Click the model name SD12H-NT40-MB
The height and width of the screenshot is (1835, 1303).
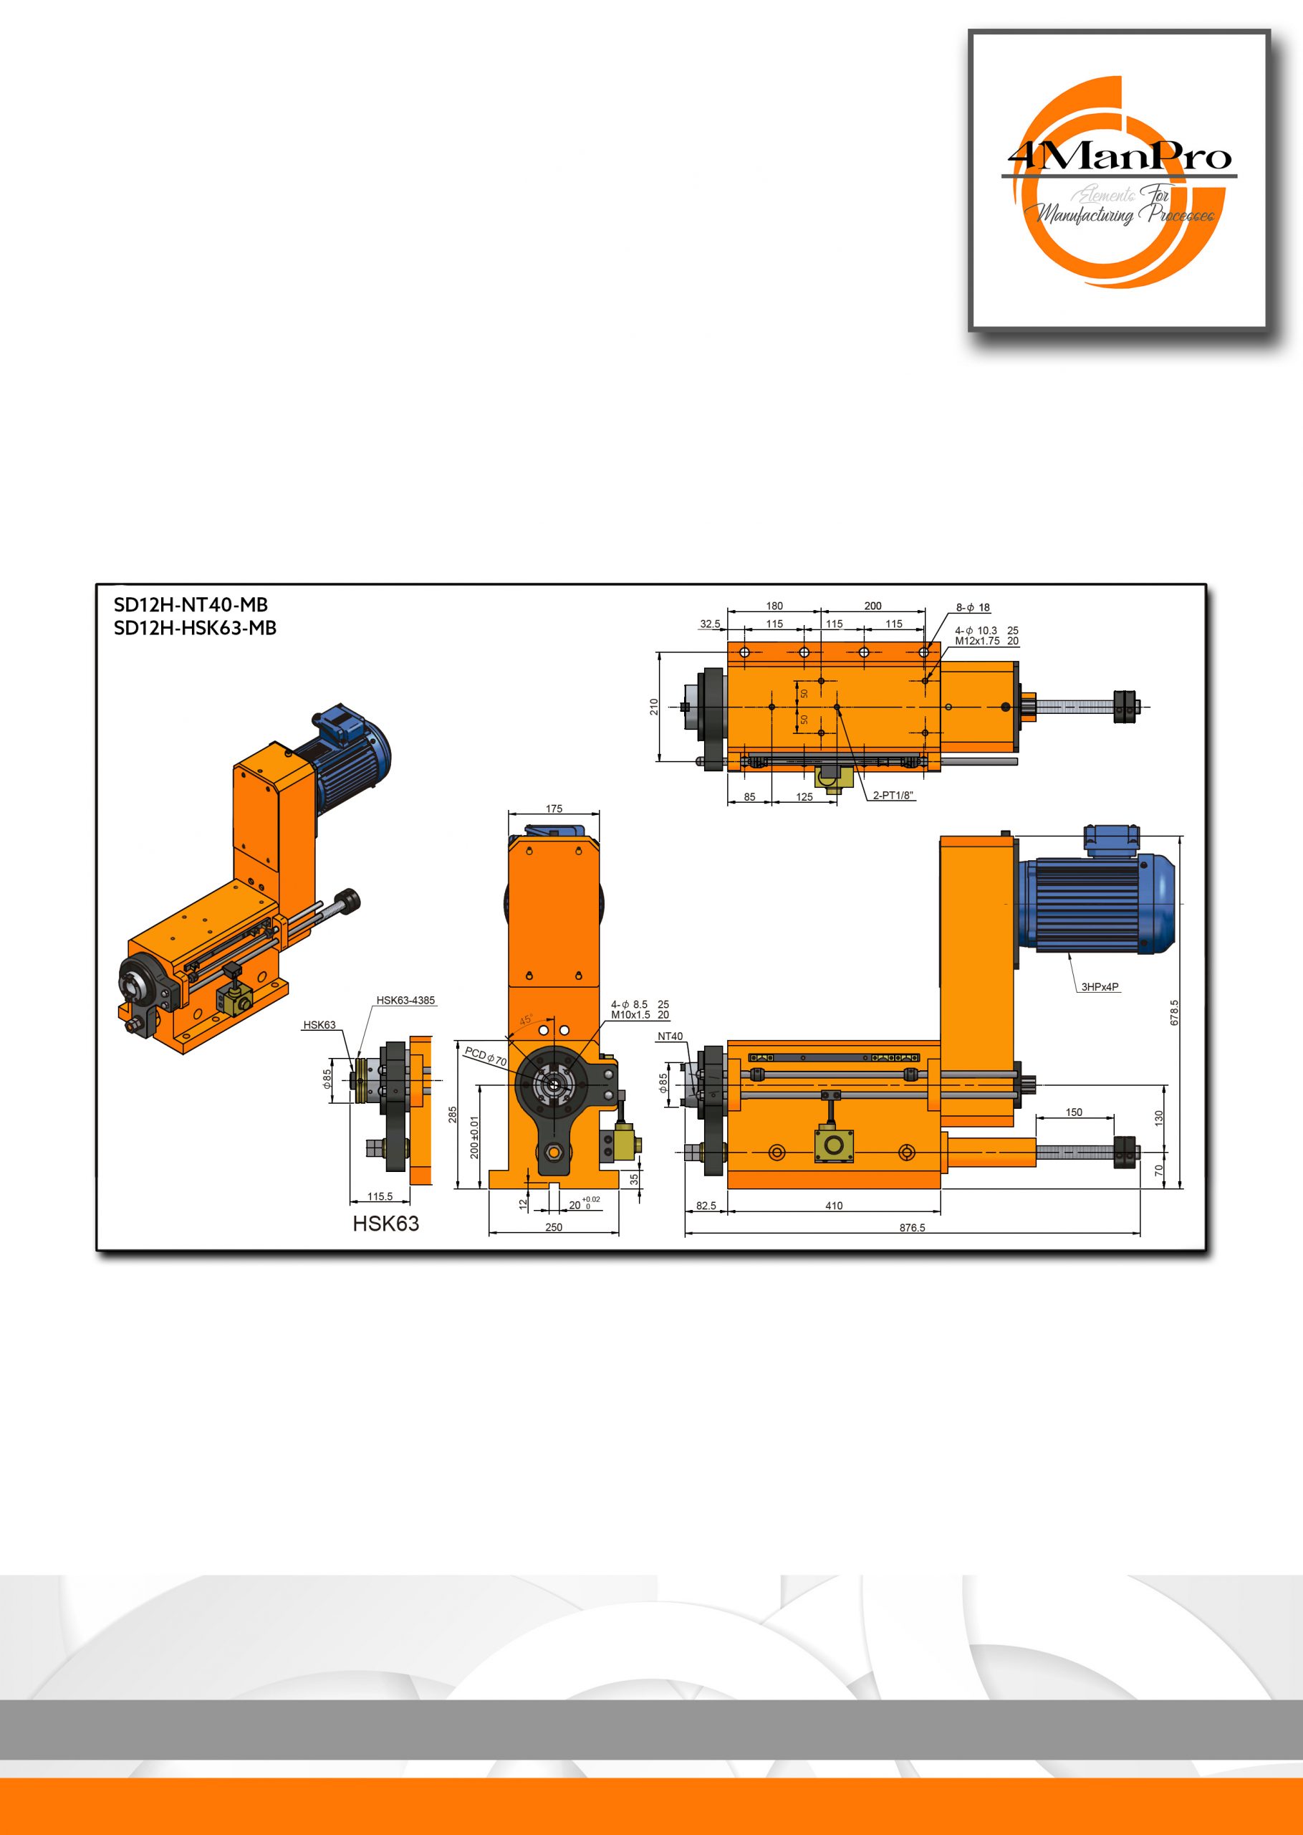pos(191,605)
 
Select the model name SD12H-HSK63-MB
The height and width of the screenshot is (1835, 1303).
pos(195,628)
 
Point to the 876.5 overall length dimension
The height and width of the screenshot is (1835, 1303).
pos(913,1227)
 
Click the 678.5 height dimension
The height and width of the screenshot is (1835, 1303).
pos(1175,1012)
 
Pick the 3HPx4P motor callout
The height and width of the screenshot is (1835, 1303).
pos(1100,986)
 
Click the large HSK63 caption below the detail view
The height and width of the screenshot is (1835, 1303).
pos(386,1224)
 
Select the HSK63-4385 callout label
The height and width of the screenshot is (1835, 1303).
pos(406,1000)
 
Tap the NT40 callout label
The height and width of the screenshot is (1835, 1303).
pos(670,1036)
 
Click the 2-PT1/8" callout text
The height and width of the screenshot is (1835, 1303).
pos(893,796)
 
